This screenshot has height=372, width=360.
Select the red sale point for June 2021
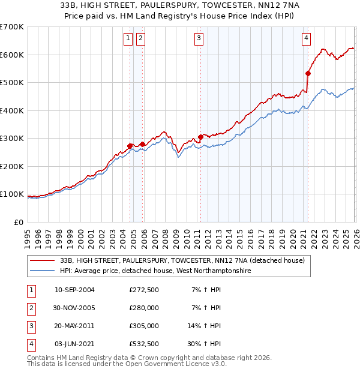308,74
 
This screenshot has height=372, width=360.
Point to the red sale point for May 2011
200,137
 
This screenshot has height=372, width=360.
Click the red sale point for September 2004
130,146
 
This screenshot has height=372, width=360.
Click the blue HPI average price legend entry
156,271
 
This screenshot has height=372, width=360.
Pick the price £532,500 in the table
144,344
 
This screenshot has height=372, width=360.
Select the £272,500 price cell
144,290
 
